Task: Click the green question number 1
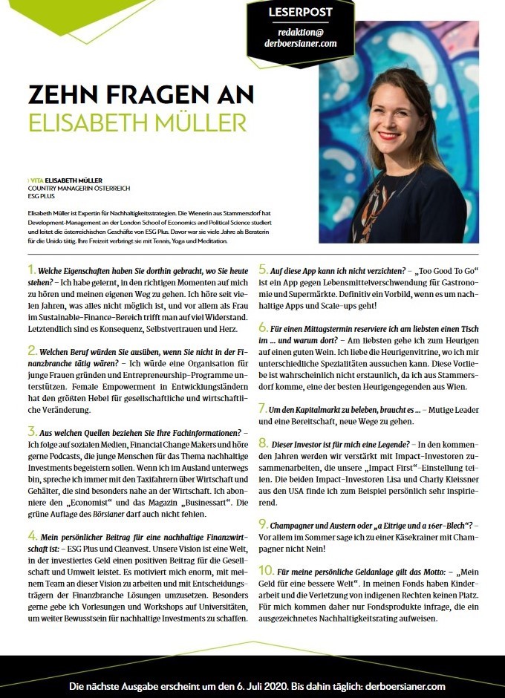[x=30, y=268]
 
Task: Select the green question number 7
[x=263, y=408]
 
